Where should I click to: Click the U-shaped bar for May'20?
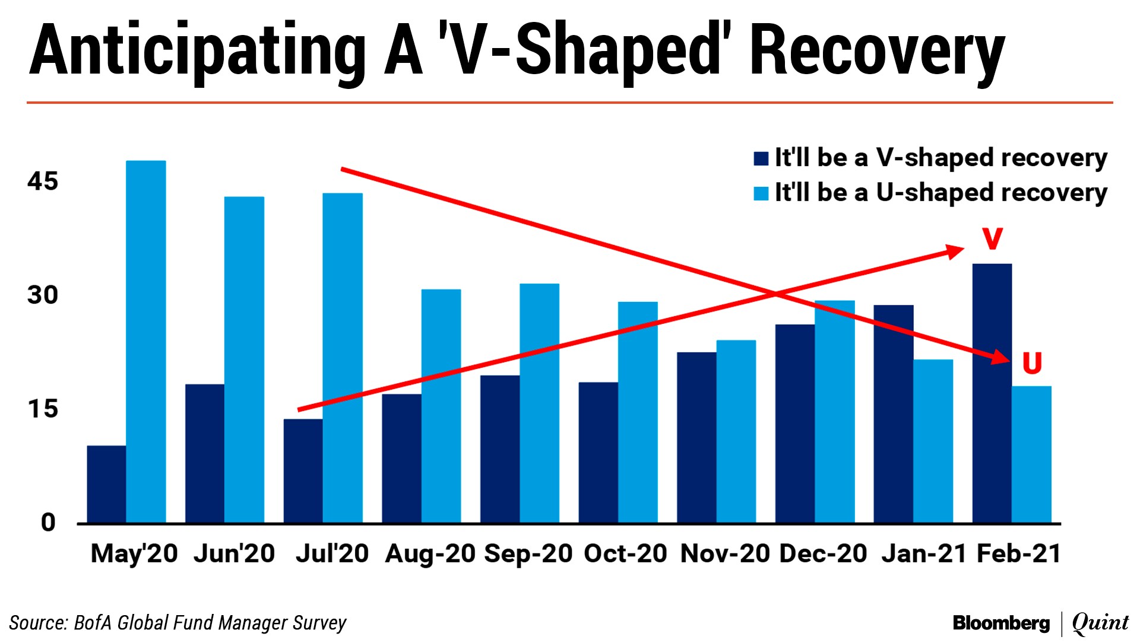(146, 341)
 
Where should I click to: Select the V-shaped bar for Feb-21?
(992, 393)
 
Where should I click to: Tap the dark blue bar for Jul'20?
(303, 471)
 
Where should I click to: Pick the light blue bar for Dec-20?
(834, 412)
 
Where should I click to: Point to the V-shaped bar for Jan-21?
(893, 413)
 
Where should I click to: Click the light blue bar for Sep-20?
(539, 403)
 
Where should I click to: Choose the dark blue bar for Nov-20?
(696, 437)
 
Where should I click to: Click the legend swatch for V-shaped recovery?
(761, 158)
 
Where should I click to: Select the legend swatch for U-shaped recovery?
(761, 193)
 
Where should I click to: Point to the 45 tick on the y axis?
(43, 181)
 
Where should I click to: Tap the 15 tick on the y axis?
(43, 409)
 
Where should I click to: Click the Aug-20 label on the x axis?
(430, 553)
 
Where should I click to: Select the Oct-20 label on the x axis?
(625, 553)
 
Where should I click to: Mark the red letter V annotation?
(992, 238)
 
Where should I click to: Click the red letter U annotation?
(1032, 363)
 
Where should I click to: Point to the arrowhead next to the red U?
(1000, 357)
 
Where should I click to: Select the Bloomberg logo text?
(1001, 623)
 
